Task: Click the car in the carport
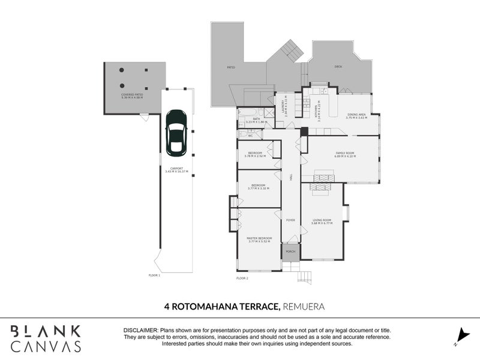tap(176, 132)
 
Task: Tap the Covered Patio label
tap(131, 94)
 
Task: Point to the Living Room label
tap(322, 221)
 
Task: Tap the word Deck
tap(338, 67)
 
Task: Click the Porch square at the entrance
tap(290, 251)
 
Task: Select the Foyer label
tap(290, 220)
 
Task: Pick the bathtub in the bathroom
tap(246, 112)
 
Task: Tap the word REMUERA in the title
tap(304, 306)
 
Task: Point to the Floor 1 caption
tap(155, 275)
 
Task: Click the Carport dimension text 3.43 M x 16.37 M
tap(176, 172)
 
